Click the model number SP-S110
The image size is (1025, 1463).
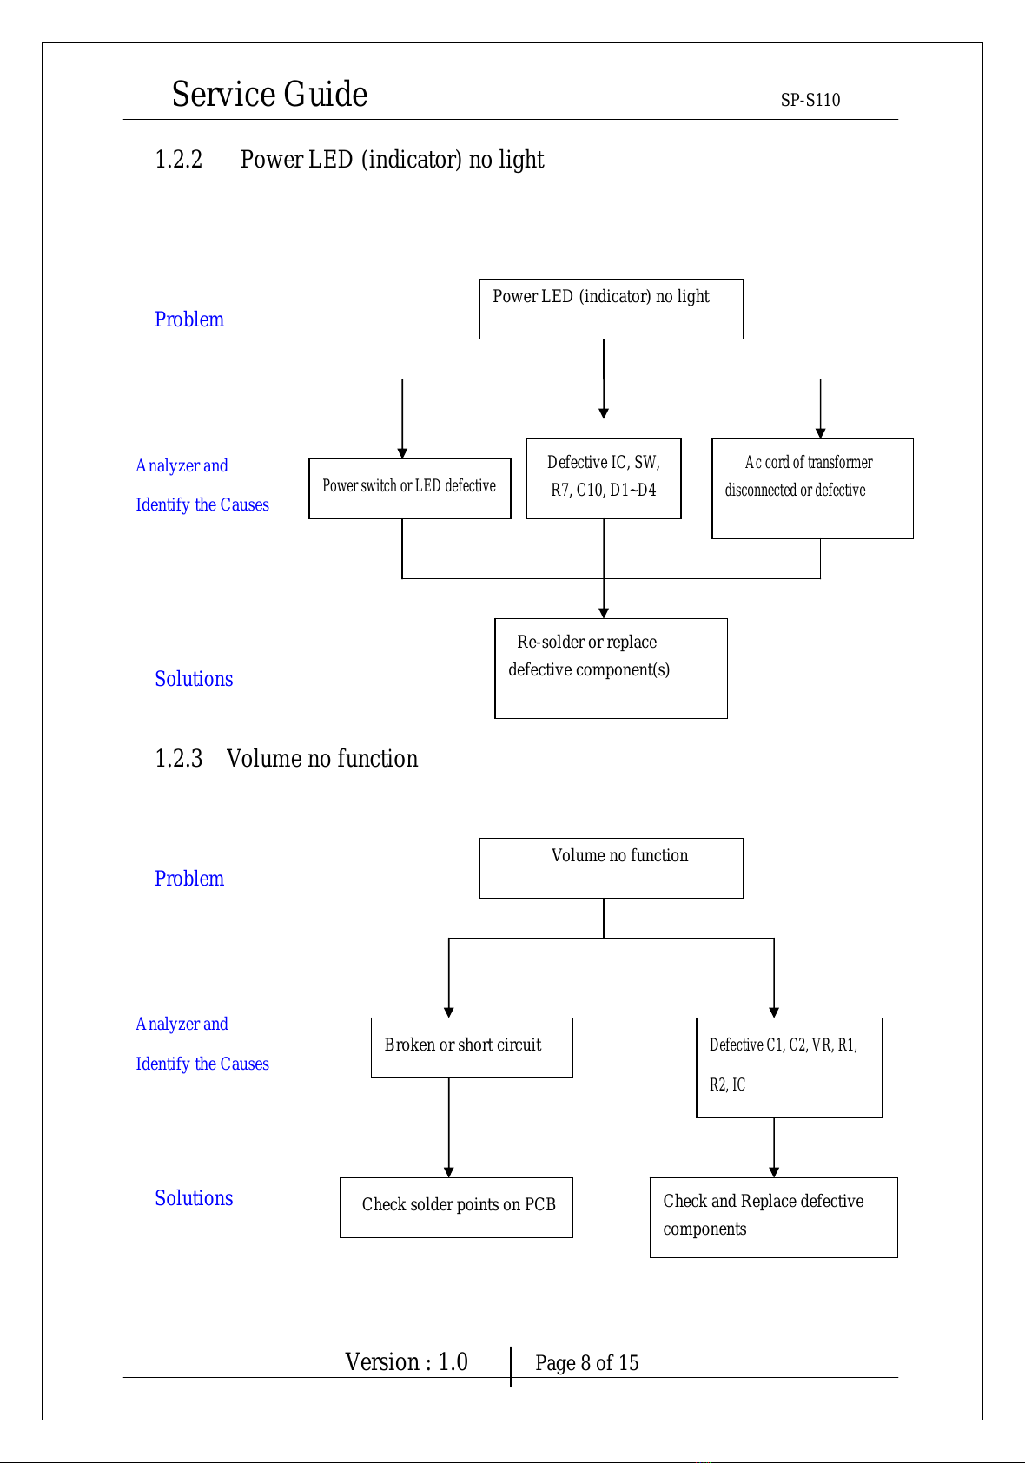click(x=810, y=100)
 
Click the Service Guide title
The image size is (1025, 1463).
click(x=270, y=94)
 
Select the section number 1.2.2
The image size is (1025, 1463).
click(x=178, y=160)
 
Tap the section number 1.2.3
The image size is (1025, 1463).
click(x=178, y=758)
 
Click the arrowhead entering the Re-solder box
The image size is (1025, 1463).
click(x=604, y=613)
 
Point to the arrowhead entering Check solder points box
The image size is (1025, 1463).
click(x=449, y=1173)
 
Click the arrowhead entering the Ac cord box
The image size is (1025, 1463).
click(x=821, y=433)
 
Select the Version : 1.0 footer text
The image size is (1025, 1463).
click(x=407, y=1361)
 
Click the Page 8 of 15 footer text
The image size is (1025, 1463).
click(x=586, y=1363)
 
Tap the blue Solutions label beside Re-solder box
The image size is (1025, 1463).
click(x=194, y=679)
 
